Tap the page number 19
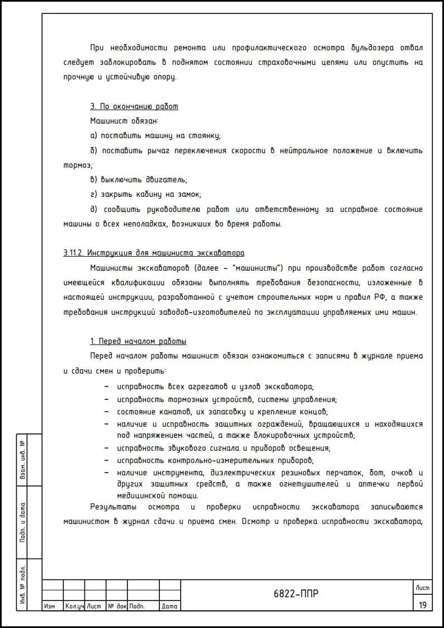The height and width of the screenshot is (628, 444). pyautogui.click(x=422, y=605)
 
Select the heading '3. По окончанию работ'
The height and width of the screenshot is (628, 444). pyautogui.click(x=134, y=106)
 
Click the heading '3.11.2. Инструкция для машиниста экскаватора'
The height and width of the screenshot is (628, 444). pyautogui.click(x=154, y=253)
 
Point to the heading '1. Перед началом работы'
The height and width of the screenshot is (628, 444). pyautogui.click(x=138, y=341)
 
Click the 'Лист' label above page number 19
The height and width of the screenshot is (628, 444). pyautogui.click(x=422, y=587)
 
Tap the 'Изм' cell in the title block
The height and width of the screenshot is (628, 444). pyautogui.click(x=49, y=606)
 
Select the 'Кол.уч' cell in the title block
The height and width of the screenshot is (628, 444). pyautogui.click(x=74, y=606)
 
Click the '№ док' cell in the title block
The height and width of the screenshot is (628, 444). pyautogui.click(x=117, y=606)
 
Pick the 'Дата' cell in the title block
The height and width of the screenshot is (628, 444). pyautogui.click(x=169, y=606)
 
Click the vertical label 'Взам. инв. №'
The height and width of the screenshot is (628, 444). pyautogui.click(x=23, y=460)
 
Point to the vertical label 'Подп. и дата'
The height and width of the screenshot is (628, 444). pyautogui.click(x=23, y=522)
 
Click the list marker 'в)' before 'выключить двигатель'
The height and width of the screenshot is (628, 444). pyautogui.click(x=94, y=180)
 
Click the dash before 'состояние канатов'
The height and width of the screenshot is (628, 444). pyautogui.click(x=107, y=412)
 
